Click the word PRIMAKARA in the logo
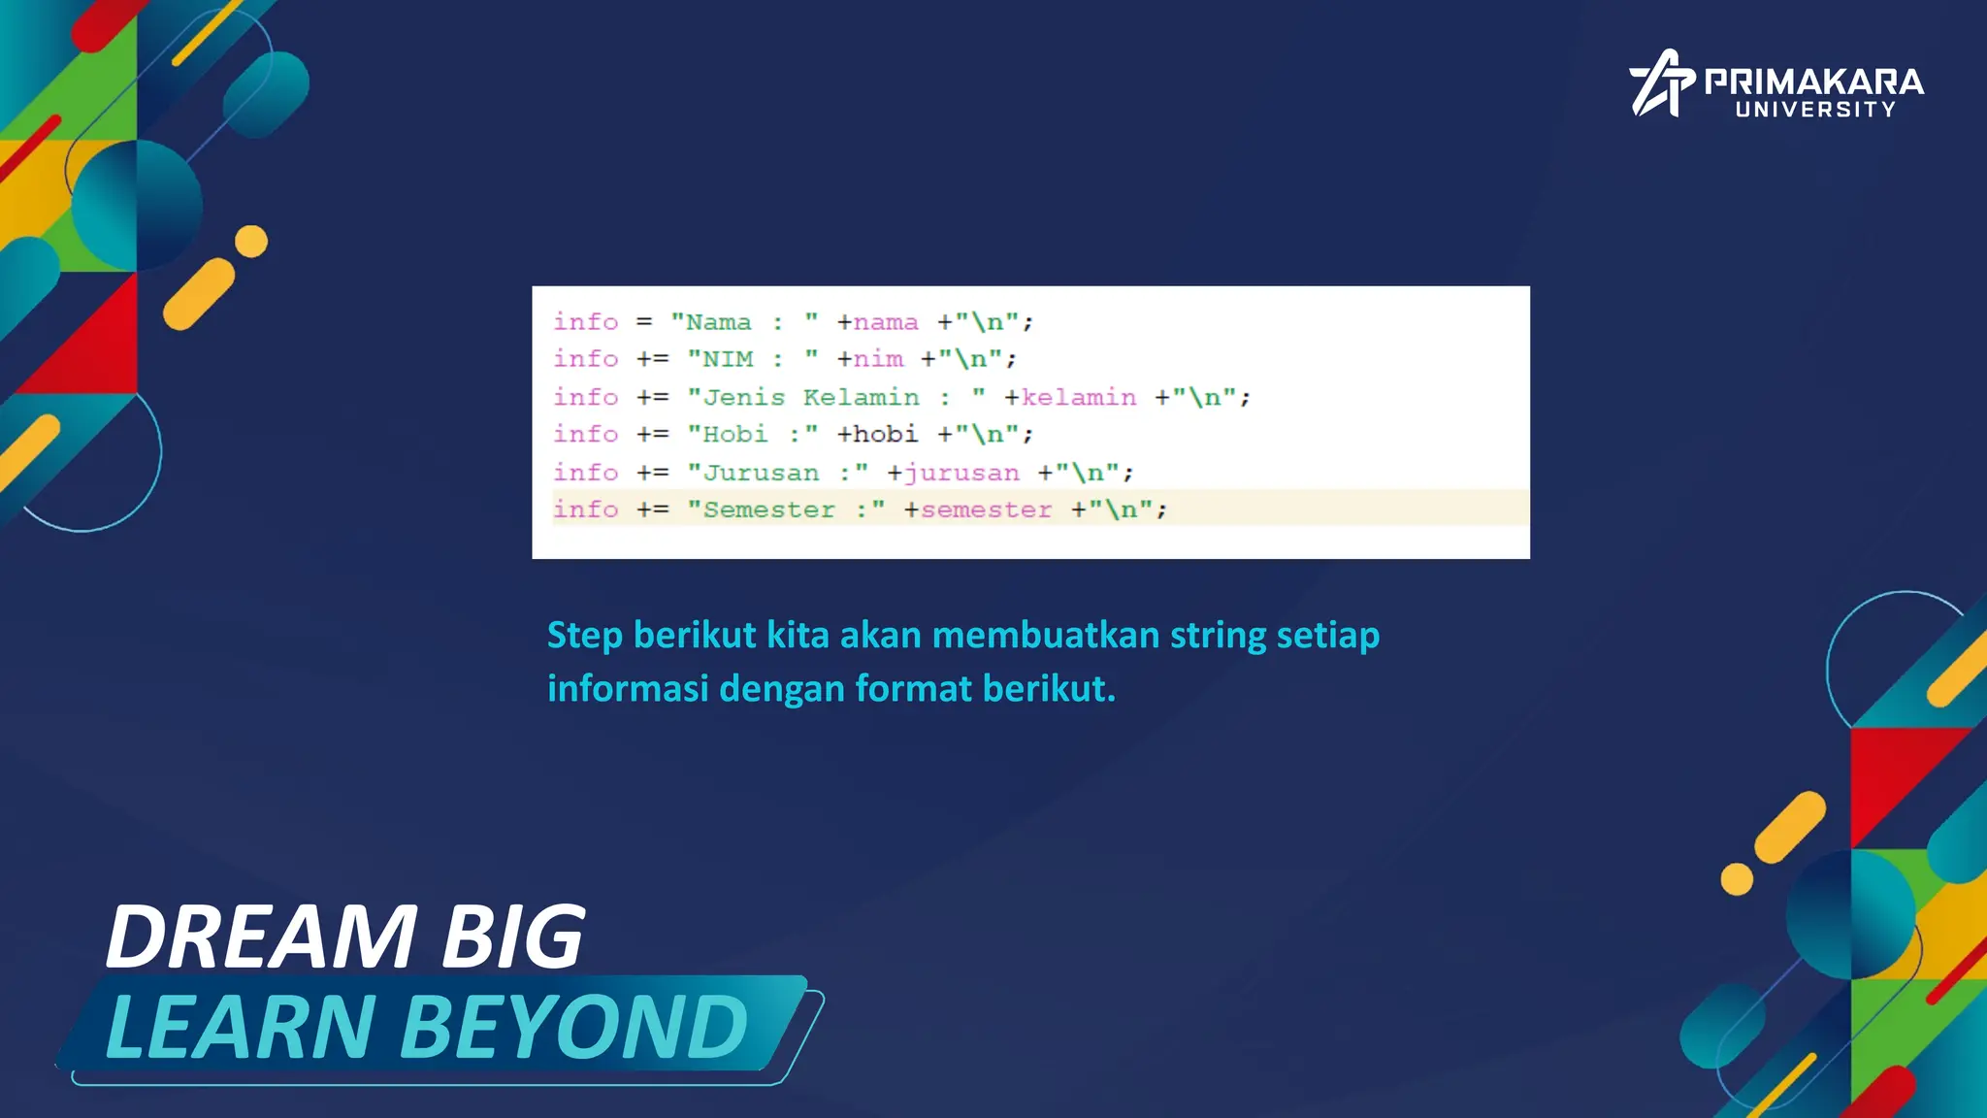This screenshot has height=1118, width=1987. coord(1813,82)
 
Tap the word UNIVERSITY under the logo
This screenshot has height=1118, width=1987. coord(1815,110)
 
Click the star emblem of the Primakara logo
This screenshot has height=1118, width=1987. coord(1660,83)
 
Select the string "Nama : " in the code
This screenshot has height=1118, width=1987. coord(744,322)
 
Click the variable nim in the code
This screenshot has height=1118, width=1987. coord(878,359)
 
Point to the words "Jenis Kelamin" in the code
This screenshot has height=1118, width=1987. coord(811,397)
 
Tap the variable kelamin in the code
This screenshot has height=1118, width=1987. coord(1078,397)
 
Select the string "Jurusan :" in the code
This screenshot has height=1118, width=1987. coord(777,473)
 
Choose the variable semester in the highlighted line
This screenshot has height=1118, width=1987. coord(986,510)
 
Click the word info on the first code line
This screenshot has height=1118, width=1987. coord(585,321)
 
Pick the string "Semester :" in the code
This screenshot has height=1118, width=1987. coord(786,510)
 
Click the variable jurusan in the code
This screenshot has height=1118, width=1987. coord(961,473)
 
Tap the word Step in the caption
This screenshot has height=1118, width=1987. coord(584,636)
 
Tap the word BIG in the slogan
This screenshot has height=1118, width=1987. coord(513,937)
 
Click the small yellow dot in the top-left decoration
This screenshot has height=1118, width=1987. coord(251,242)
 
